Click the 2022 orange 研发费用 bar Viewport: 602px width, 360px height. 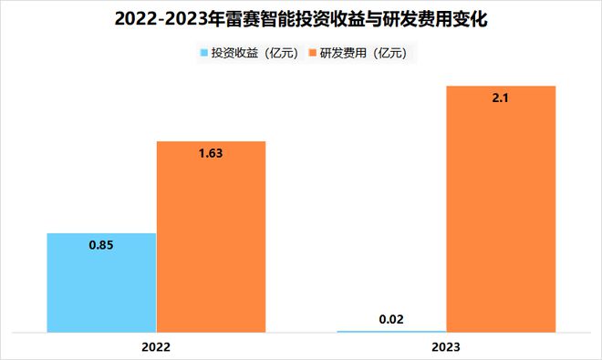click(211, 236)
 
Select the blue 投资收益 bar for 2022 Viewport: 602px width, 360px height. click(101, 282)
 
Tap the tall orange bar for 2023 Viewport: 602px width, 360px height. click(501, 209)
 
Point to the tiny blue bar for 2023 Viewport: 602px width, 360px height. click(391, 331)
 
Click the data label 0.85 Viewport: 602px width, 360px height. click(101, 245)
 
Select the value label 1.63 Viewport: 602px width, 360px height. click(211, 153)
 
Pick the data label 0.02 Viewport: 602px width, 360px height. click(391, 319)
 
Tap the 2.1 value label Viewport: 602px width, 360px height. click(501, 98)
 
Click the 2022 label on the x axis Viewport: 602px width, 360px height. click(156, 347)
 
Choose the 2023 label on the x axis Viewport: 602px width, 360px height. click(446, 347)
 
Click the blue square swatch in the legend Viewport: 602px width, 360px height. click(202, 54)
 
